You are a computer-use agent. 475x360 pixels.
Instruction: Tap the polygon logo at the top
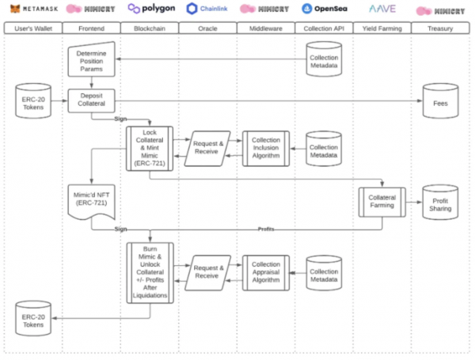point(151,8)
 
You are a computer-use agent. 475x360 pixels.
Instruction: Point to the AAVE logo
point(382,9)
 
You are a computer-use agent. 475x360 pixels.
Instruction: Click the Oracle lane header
point(207,28)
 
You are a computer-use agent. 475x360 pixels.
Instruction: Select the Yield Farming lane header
point(382,28)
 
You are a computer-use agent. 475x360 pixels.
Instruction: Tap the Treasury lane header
point(440,28)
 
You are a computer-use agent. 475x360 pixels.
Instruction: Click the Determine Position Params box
point(92,59)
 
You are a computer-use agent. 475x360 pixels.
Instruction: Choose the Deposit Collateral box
point(92,100)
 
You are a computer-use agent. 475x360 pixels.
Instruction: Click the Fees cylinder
point(440,100)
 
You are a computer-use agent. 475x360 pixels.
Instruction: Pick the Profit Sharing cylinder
point(440,203)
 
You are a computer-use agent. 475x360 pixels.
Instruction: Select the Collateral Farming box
point(382,203)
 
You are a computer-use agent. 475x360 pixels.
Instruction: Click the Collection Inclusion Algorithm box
point(266,149)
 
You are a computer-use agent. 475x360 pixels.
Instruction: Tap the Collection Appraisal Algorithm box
point(266,273)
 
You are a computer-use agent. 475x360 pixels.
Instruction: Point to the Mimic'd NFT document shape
point(92,201)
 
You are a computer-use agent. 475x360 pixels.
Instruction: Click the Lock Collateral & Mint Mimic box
point(150,149)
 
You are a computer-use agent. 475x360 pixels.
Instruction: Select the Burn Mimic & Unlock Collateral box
point(150,273)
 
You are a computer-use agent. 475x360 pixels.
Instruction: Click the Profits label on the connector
point(266,229)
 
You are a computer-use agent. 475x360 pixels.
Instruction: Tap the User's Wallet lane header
point(33,28)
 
